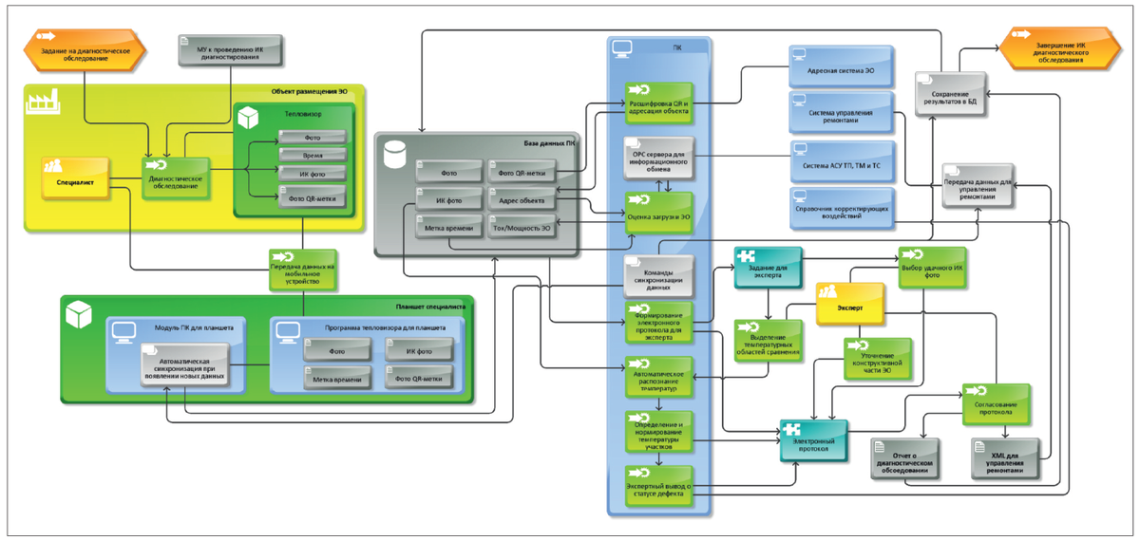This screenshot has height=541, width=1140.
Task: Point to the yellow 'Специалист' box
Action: [x=76, y=177]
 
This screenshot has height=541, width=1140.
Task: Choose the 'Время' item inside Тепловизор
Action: [x=312, y=155]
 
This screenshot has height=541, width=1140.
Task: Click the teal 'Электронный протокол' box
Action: [x=813, y=439]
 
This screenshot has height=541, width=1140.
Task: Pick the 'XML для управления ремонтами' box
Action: [x=1006, y=459]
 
